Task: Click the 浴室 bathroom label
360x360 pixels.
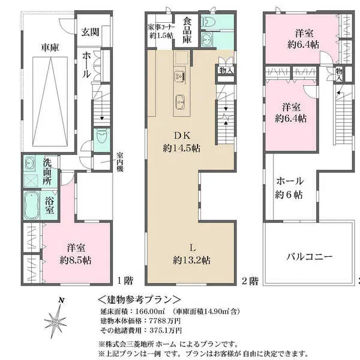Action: coord(51,205)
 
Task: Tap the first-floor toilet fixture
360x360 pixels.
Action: coord(100,137)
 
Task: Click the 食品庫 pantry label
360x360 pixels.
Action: coord(188,29)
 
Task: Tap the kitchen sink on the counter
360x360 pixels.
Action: coord(181,76)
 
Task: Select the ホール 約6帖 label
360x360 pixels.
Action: coord(289,187)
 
